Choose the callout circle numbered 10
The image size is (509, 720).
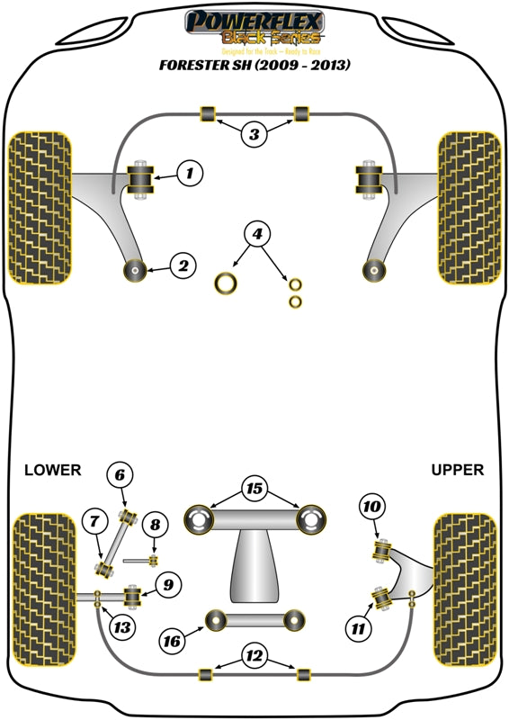[x=370, y=507]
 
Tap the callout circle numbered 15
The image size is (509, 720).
[x=255, y=489]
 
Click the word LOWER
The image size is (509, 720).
[x=52, y=470]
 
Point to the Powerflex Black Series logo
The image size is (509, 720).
[x=254, y=28]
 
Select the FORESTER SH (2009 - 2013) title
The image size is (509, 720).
[x=254, y=66]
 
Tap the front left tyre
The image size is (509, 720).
[x=39, y=208]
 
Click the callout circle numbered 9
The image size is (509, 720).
[x=168, y=586]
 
